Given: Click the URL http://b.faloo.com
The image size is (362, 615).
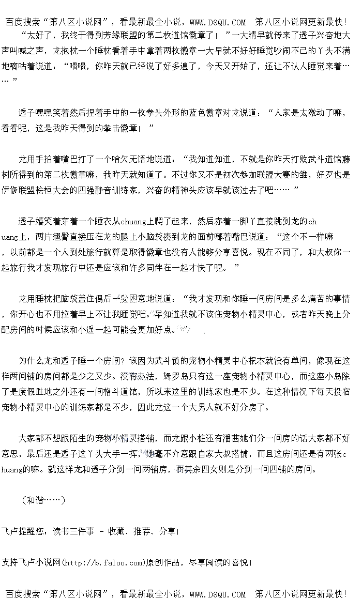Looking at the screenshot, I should click(102, 562).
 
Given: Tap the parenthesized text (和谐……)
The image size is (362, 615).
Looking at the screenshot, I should click(43, 500).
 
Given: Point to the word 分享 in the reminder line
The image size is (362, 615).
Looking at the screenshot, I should click(168, 531).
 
